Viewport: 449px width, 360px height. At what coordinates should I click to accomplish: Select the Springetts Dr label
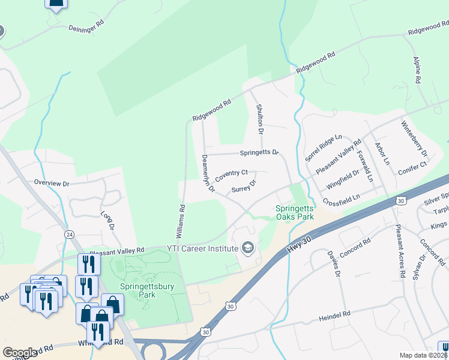259,152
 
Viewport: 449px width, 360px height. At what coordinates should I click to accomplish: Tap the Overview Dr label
52,182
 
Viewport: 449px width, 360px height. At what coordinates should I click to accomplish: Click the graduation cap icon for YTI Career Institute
247,247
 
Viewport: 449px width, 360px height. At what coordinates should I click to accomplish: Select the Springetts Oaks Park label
295,212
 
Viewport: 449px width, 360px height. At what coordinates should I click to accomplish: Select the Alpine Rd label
417,70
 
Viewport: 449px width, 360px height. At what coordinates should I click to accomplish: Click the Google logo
19,353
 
